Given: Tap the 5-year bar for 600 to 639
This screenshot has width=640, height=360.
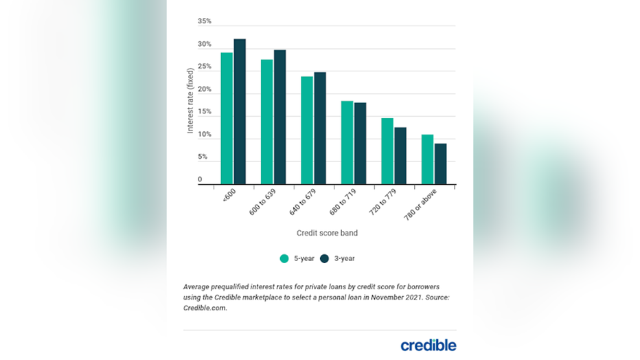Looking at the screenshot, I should click(x=266, y=122).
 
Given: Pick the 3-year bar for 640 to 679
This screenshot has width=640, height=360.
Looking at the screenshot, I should click(x=320, y=128).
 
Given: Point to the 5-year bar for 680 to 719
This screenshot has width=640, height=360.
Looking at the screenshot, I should click(x=347, y=142).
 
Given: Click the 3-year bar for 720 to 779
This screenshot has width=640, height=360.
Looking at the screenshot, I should click(x=400, y=156).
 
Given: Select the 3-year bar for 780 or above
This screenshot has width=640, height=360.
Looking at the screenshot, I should click(x=441, y=164).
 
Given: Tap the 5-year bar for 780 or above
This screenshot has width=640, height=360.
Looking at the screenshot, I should click(x=427, y=159).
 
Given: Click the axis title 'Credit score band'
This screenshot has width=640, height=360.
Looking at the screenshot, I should click(x=327, y=233).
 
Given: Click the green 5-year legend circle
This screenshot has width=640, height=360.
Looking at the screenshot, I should click(x=284, y=259).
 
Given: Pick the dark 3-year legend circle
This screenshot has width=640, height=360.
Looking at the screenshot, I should click(x=325, y=259).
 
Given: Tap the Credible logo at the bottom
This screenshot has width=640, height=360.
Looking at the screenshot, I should click(x=428, y=345).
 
